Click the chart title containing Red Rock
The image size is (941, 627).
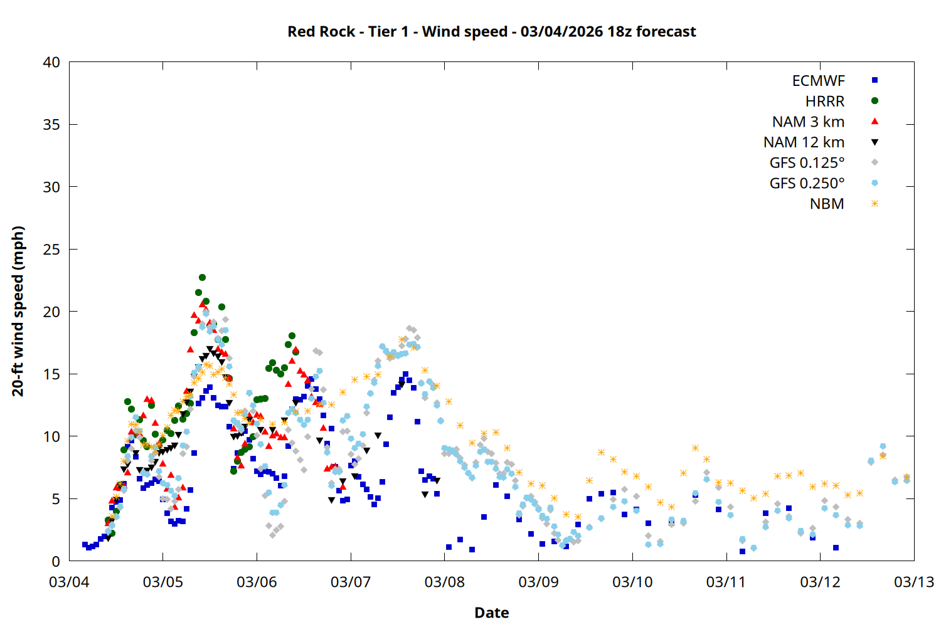[x=491, y=31]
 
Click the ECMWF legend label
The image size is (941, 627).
[x=818, y=81]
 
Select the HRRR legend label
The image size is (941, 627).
[x=825, y=102]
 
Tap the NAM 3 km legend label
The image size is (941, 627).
[x=808, y=122]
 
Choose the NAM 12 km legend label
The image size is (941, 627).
[x=804, y=142]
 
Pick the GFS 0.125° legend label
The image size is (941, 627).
[x=807, y=163]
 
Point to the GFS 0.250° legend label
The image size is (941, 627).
[x=807, y=183]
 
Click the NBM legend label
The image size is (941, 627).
[x=827, y=204]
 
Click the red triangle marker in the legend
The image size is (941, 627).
[x=875, y=121]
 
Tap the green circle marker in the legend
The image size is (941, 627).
[x=875, y=101]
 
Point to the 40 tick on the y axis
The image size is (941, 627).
[x=52, y=62]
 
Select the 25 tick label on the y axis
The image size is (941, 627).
[x=52, y=250]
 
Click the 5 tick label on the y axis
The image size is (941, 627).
[x=56, y=499]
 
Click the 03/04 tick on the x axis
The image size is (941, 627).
[x=69, y=582]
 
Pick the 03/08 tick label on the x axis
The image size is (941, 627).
[x=444, y=582]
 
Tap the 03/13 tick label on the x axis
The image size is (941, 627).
[x=913, y=582]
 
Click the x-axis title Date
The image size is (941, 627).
[x=491, y=613]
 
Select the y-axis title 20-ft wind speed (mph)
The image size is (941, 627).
[x=18, y=311]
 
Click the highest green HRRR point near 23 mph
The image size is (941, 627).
[x=202, y=277]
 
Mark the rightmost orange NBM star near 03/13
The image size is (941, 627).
[x=906, y=477]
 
